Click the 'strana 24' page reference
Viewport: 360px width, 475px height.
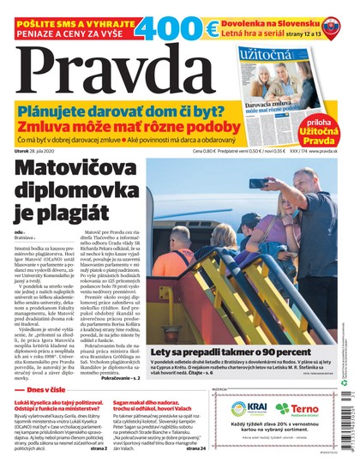195,447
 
